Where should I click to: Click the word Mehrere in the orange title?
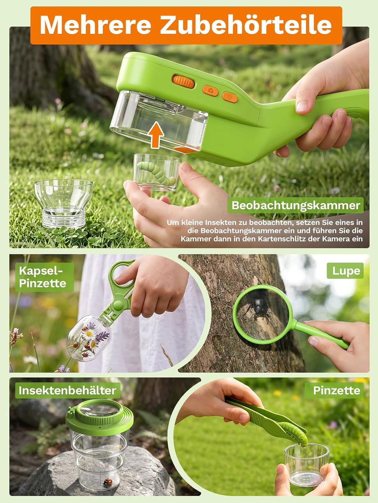[x=96, y=25]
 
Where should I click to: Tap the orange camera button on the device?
[x=210, y=91]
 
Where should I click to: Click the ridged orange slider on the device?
[x=183, y=81]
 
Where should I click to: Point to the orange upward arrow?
[x=155, y=135]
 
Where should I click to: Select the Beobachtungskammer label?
[x=296, y=205]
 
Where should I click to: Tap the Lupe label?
[x=345, y=271]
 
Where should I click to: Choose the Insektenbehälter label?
[x=67, y=390]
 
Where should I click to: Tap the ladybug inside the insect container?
[x=107, y=481]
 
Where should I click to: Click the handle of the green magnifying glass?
[x=321, y=334]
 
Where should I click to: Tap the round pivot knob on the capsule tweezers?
[x=118, y=305]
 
